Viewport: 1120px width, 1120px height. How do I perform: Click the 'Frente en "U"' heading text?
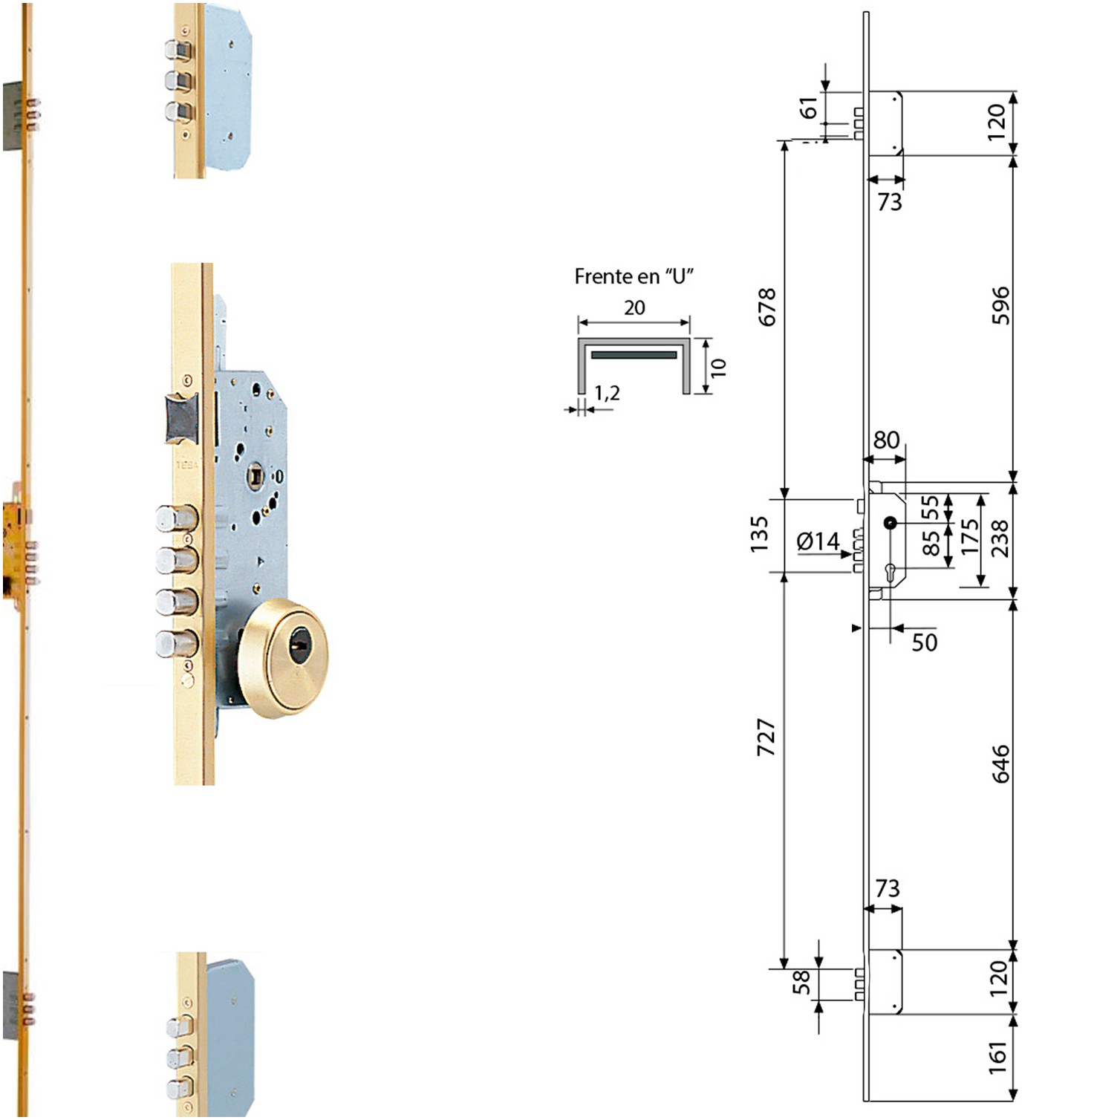(634, 276)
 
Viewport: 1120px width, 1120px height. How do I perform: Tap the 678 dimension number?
(766, 307)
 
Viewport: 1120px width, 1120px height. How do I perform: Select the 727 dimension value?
(766, 737)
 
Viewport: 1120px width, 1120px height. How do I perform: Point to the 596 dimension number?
(1001, 305)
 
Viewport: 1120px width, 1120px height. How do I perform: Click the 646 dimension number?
(1001, 764)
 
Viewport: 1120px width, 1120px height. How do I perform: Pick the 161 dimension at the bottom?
(997, 1058)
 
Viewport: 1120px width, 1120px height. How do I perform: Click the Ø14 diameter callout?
(818, 541)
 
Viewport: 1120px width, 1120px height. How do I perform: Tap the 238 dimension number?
(1000, 538)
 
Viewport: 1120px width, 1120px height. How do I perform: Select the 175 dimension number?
(969, 536)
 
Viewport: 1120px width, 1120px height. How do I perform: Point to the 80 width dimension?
(886, 440)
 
